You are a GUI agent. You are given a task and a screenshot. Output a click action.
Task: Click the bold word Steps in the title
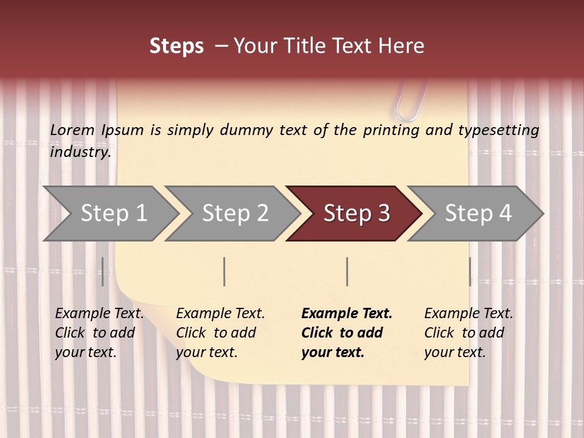(x=176, y=46)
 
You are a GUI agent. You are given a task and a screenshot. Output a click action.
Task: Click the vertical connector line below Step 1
(x=103, y=271)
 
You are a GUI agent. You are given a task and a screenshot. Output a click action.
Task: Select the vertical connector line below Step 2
(x=224, y=271)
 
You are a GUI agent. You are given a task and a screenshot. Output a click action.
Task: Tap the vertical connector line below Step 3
(x=347, y=271)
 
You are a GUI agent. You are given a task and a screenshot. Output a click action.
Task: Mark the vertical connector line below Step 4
(x=470, y=271)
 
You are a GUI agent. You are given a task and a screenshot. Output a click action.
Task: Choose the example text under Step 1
(x=99, y=333)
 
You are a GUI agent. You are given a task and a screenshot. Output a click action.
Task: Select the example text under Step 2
(x=220, y=333)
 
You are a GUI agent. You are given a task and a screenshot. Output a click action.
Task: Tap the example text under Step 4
(x=468, y=333)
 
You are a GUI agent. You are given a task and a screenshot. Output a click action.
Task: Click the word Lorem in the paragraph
(x=72, y=130)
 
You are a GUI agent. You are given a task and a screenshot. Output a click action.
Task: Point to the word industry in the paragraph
(x=80, y=152)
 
